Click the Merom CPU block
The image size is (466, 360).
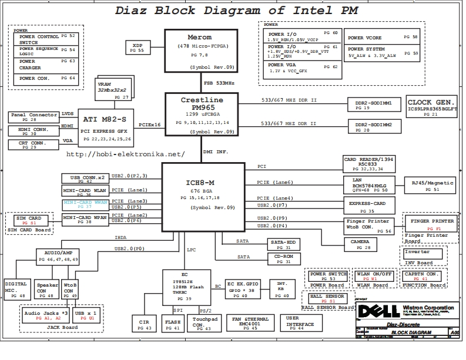point(200,51)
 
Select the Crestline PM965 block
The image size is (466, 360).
point(202,115)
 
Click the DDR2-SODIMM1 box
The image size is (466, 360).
point(370,105)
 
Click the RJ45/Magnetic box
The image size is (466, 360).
point(432,186)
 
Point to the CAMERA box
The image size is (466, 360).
point(360,244)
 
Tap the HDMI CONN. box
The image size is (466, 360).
point(33,131)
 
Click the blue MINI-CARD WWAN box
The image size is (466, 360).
point(85,204)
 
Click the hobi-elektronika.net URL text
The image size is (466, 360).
point(125,154)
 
